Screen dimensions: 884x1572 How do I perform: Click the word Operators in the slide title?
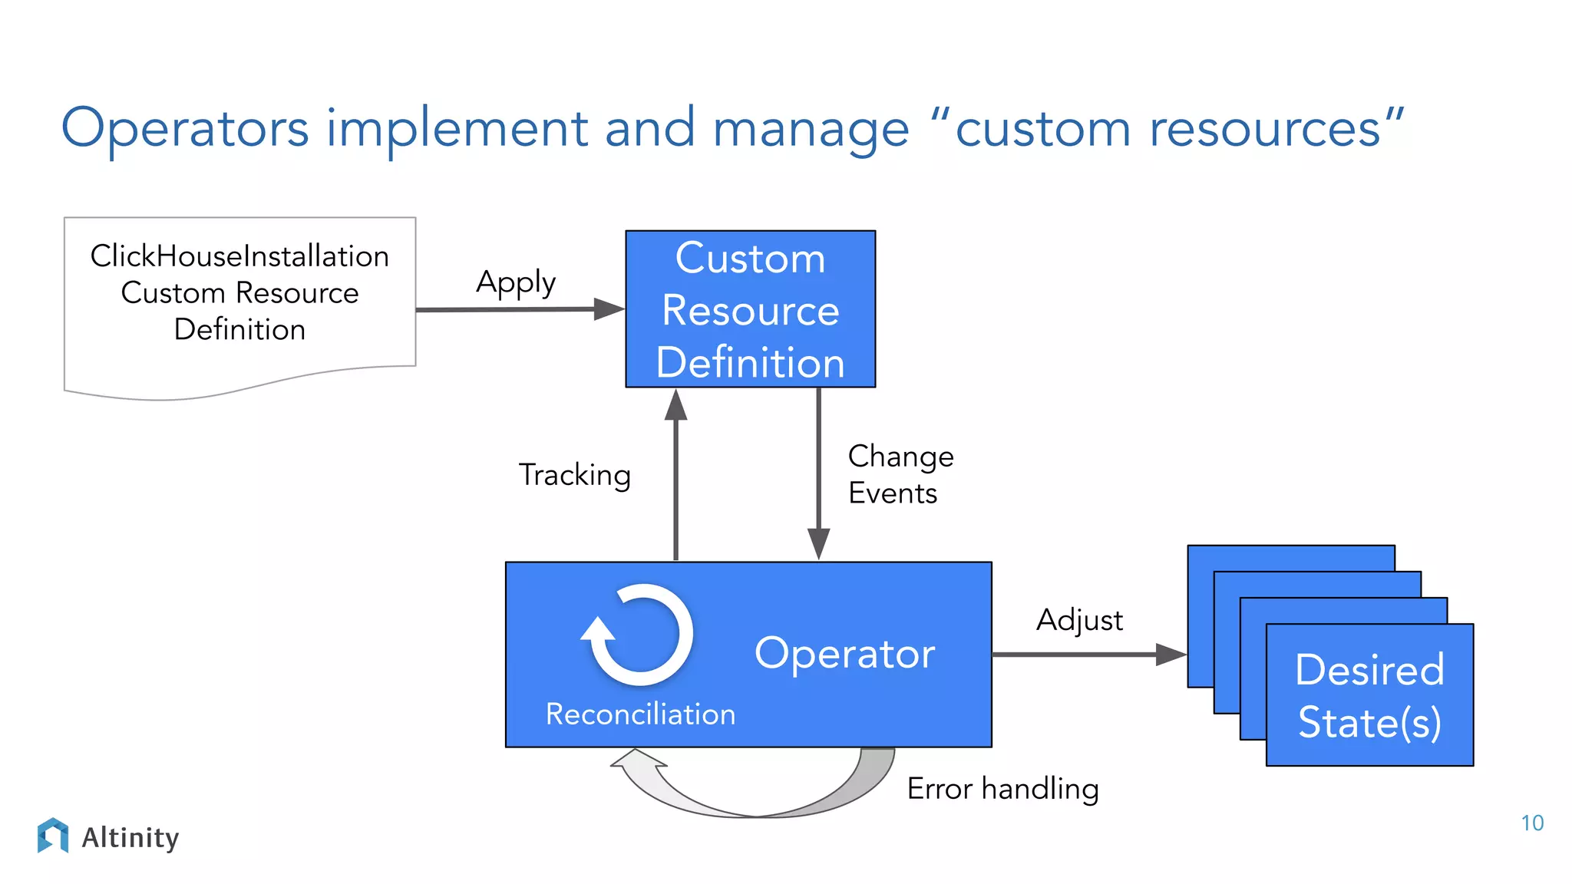point(184,128)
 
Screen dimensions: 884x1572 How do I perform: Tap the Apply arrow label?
point(516,283)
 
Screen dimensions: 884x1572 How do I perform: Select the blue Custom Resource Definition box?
point(750,309)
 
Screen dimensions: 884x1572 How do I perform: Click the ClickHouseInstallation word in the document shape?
point(239,256)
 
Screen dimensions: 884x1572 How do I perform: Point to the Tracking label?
point(575,475)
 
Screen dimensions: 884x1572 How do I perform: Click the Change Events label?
point(900,474)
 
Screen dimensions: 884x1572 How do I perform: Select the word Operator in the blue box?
point(844,654)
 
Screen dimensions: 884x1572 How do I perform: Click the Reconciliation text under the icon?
point(640,714)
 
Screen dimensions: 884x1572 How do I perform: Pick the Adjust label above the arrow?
point(1079,620)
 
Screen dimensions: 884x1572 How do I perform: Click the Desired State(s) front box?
point(1369,695)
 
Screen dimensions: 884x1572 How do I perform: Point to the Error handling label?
point(1002,789)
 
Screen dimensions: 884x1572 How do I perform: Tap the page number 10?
point(1531,823)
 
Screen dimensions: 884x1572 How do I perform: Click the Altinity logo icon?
point(52,836)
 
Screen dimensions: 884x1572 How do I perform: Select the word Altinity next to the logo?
point(130,837)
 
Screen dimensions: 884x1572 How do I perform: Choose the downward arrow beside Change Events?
point(818,476)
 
